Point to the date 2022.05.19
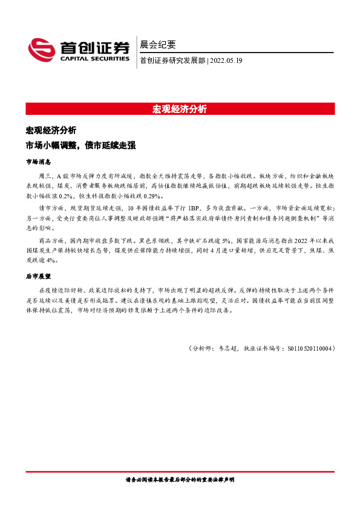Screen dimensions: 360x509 [x=226, y=60]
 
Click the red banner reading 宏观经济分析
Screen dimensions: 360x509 [x=180, y=109]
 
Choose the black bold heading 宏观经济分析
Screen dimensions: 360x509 [x=51, y=131]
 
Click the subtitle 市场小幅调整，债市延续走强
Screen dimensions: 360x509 [x=80, y=146]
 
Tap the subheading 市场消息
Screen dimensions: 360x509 [x=38, y=162]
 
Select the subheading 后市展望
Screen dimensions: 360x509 [x=38, y=276]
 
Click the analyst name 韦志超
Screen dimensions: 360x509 [x=226, y=348]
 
